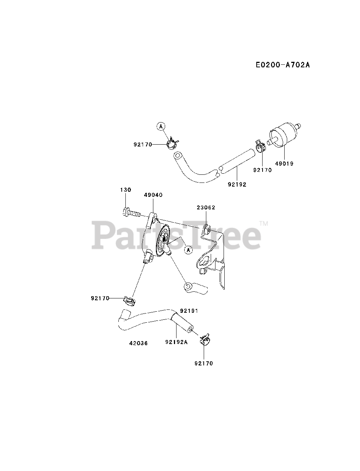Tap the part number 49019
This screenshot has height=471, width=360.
(x=284, y=163)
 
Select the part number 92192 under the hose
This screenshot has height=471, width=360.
(x=237, y=184)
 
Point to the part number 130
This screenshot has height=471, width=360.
(x=125, y=190)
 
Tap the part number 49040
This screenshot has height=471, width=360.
(x=153, y=195)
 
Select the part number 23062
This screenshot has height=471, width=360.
(x=206, y=208)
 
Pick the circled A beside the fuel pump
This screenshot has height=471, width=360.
(x=189, y=250)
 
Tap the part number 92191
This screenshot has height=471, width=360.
(x=189, y=311)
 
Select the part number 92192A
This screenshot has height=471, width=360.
(x=177, y=342)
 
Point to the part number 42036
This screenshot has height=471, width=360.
(x=139, y=343)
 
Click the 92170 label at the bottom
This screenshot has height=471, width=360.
(x=204, y=363)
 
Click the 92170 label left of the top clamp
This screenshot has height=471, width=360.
(x=143, y=145)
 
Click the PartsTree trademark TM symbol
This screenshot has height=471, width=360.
(x=264, y=223)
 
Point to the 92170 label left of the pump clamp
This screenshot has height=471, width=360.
(x=100, y=298)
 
